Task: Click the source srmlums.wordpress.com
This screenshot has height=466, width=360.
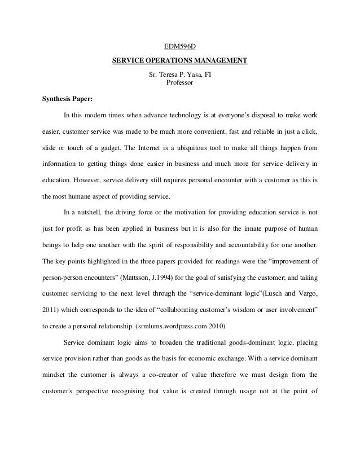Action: tap(167, 326)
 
